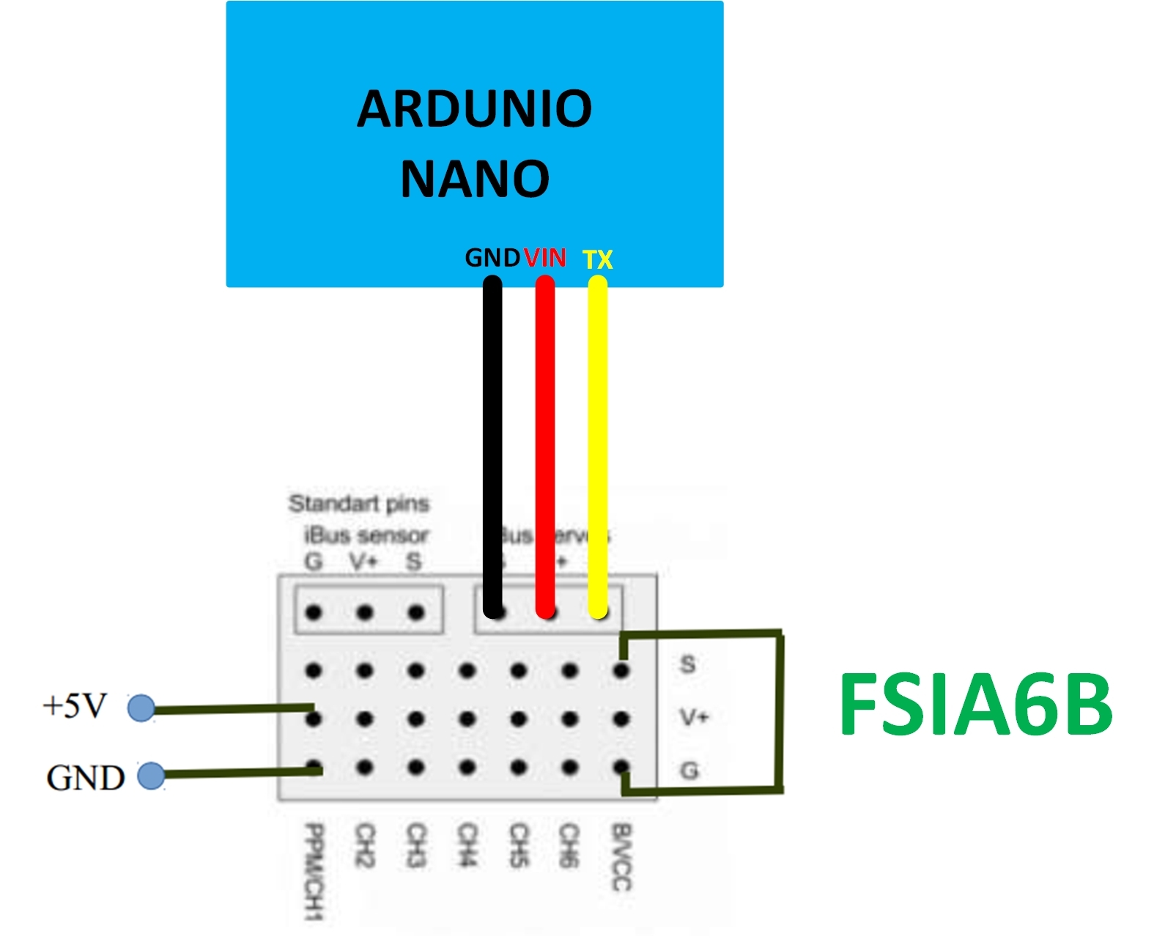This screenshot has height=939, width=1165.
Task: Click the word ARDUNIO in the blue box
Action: click(x=474, y=109)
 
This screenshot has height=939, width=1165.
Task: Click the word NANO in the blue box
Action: click(x=475, y=179)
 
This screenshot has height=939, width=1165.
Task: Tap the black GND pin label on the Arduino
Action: click(x=492, y=258)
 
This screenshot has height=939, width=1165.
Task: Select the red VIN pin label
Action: click(x=545, y=258)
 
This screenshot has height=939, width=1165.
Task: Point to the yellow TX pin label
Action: click(x=598, y=259)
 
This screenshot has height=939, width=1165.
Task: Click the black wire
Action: click(x=493, y=439)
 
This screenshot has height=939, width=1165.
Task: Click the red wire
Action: click(x=545, y=439)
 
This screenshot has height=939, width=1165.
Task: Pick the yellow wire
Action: click(x=598, y=439)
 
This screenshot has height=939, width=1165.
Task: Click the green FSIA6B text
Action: click(x=975, y=704)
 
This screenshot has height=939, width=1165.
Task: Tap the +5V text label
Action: click(x=75, y=706)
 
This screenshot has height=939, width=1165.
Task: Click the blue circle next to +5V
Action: click(x=141, y=708)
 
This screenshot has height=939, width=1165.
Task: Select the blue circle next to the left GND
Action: click(x=151, y=776)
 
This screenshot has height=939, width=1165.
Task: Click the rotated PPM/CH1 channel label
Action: click(x=314, y=872)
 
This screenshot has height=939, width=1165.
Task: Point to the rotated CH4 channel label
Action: click(x=467, y=845)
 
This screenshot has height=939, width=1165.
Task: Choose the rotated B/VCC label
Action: click(x=621, y=857)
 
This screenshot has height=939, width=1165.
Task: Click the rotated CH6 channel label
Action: click(x=569, y=845)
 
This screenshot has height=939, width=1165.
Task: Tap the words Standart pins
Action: click(x=358, y=504)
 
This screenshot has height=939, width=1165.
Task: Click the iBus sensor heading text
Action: click(x=366, y=535)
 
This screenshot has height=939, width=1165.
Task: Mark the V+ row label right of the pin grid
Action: click(x=693, y=716)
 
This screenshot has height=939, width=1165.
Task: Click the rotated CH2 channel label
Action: click(x=365, y=845)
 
